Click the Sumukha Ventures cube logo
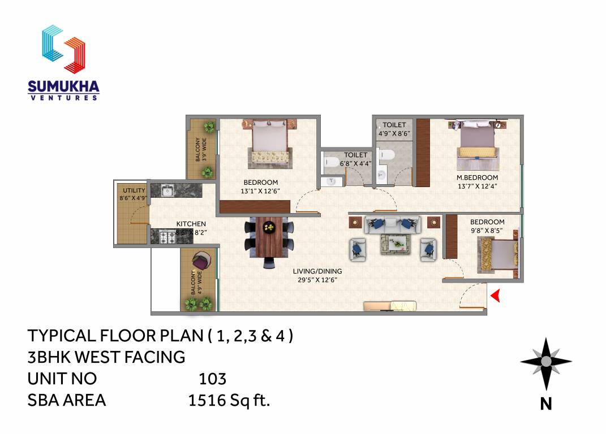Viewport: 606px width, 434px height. [x=63, y=49]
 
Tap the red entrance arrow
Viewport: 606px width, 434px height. [x=495, y=296]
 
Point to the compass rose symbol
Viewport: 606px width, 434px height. [x=545, y=362]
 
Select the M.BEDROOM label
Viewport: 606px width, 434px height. [x=477, y=177]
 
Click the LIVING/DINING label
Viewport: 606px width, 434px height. [x=317, y=271]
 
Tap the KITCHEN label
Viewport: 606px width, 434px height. [x=191, y=224]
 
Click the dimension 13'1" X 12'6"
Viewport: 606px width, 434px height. [x=260, y=191]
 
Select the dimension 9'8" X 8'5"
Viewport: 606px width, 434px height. [x=487, y=231]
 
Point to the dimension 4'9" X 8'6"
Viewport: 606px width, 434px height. [x=394, y=134]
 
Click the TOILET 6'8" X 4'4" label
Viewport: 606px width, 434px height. [x=355, y=159]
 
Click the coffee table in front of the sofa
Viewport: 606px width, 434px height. [x=393, y=242]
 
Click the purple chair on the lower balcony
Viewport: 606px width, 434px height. [x=201, y=263]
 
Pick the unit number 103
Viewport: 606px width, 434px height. [x=212, y=378]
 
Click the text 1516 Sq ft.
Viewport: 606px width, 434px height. [x=229, y=401]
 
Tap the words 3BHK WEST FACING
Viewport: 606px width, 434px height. [x=106, y=357]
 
